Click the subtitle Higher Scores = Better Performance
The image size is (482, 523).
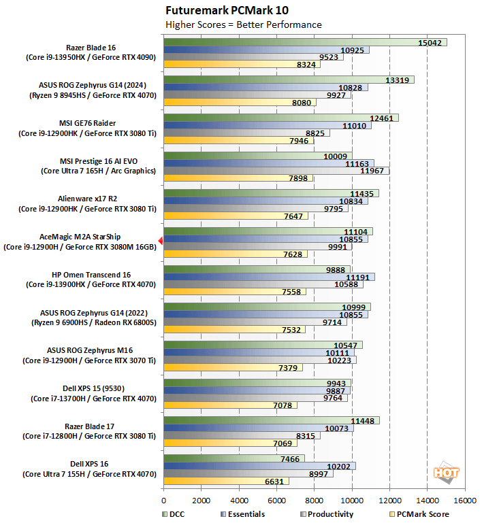coord(243,24)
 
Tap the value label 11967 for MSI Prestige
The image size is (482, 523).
coord(374,171)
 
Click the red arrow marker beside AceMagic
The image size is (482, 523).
coord(160,241)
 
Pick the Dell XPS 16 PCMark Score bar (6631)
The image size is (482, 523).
coord(225,482)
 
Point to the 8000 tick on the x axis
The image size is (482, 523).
coord(314,501)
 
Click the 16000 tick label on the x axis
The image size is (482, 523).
coord(465,501)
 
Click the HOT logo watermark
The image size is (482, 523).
coord(447,473)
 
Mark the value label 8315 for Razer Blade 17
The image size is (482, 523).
coord(305,435)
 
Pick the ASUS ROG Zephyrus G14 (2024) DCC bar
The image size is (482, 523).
coord(289,80)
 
